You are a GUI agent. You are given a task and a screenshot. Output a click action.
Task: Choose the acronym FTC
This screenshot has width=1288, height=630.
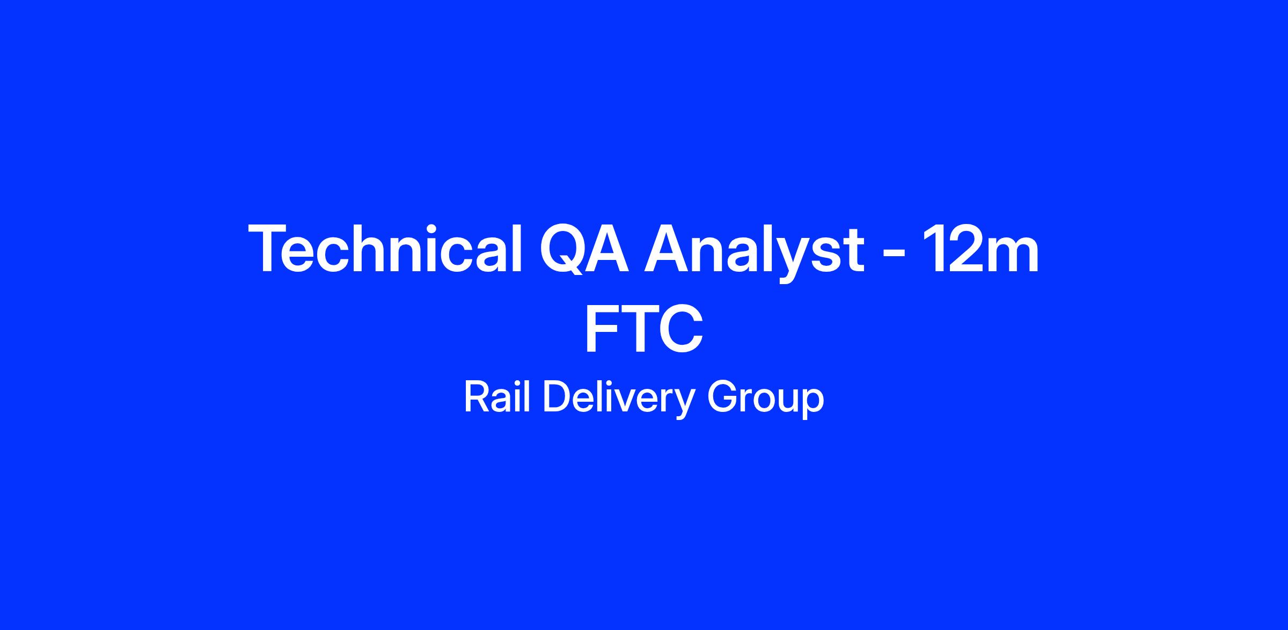[x=643, y=329]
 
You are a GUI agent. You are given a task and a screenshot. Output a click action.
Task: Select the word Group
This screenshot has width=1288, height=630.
[x=765, y=399]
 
